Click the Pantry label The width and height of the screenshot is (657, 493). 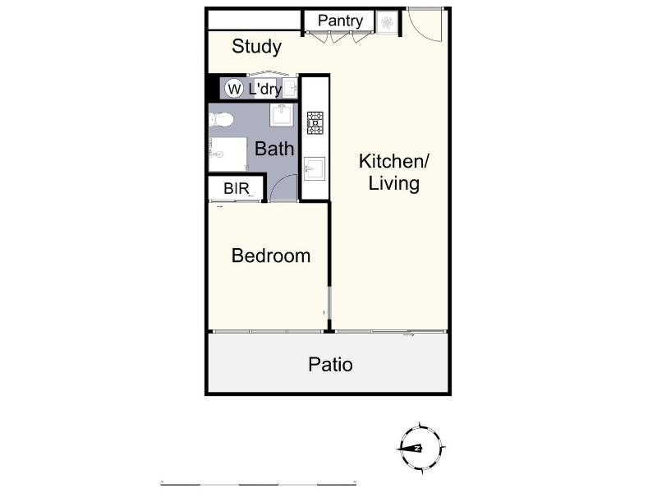coord(340,21)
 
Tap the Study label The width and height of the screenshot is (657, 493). coord(256,47)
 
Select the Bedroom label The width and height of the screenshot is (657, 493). coord(271,256)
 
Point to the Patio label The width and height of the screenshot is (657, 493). coord(330,364)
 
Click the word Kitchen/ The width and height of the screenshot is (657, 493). coord(394,161)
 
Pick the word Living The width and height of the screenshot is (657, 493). coord(394,183)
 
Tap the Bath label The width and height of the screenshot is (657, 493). coord(274,149)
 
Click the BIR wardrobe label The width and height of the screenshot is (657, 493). coord(237,189)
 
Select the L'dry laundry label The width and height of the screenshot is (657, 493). coord(264,90)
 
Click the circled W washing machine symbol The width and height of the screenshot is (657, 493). coord(234,89)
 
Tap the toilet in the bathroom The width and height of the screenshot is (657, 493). coord(221,120)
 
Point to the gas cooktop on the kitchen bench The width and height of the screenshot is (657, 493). coord(315,122)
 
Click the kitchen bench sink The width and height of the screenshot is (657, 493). coord(315,168)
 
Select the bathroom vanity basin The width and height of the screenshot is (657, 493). coord(282,115)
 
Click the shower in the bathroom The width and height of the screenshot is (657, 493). coord(228,154)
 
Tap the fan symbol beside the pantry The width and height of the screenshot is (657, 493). coord(387,22)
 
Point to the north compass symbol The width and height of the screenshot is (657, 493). coord(420,448)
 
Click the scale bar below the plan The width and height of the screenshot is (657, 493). coord(259,483)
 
